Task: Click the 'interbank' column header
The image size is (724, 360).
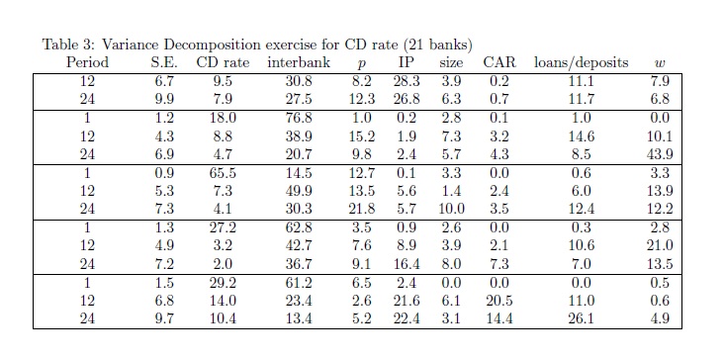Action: (299, 62)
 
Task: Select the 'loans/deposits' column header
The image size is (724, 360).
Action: (581, 62)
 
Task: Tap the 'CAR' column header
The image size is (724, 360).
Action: (499, 62)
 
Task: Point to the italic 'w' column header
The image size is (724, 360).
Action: (660, 63)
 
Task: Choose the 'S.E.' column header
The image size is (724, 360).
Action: (164, 62)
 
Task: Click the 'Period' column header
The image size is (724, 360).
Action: (87, 62)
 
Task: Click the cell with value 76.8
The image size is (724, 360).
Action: (299, 118)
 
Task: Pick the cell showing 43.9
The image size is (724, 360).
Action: (660, 154)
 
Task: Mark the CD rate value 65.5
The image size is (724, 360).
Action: (223, 173)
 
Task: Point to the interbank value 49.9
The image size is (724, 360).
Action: (299, 191)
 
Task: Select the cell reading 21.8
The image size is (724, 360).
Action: (362, 209)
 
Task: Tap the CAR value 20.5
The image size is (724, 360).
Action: (499, 301)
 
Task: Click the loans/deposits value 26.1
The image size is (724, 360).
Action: (581, 318)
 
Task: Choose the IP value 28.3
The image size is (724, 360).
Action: (407, 81)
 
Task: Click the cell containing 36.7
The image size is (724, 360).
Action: (299, 264)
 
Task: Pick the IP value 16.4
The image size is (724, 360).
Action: (407, 264)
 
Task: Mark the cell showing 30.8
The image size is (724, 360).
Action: (299, 81)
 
